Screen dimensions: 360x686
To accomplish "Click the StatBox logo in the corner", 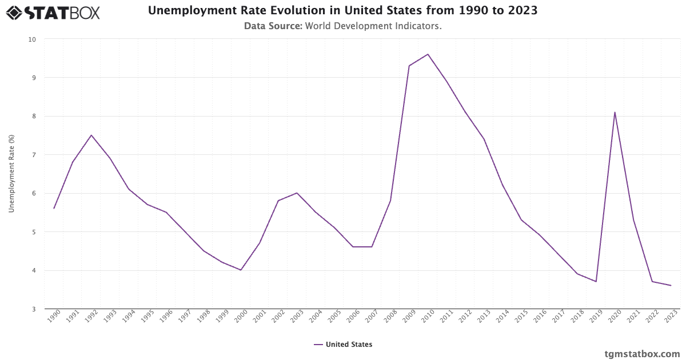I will [x=53, y=13].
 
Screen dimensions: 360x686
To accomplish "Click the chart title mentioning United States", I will [x=342, y=11].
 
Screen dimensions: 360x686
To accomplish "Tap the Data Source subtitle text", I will [x=342, y=26].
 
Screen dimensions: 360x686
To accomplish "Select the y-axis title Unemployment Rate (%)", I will [x=11, y=174].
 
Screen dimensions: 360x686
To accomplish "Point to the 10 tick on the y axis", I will [x=32, y=39].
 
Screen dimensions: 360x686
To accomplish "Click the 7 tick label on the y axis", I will [x=34, y=155].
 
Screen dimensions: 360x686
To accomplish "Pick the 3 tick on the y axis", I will [x=34, y=309].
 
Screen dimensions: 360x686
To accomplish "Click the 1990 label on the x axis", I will [x=54, y=316].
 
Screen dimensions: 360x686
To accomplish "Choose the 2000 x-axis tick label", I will [x=241, y=316].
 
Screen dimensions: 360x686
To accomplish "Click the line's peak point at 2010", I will [x=428, y=54].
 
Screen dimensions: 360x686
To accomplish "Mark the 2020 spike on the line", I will [x=615, y=112].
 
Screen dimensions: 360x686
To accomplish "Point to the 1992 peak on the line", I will [x=91, y=135].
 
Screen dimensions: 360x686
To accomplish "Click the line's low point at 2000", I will [x=241, y=270].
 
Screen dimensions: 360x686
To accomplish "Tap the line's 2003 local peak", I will [x=297, y=193].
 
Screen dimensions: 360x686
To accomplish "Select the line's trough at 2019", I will [x=596, y=281].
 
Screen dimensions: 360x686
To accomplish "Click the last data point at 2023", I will [x=671, y=285].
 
